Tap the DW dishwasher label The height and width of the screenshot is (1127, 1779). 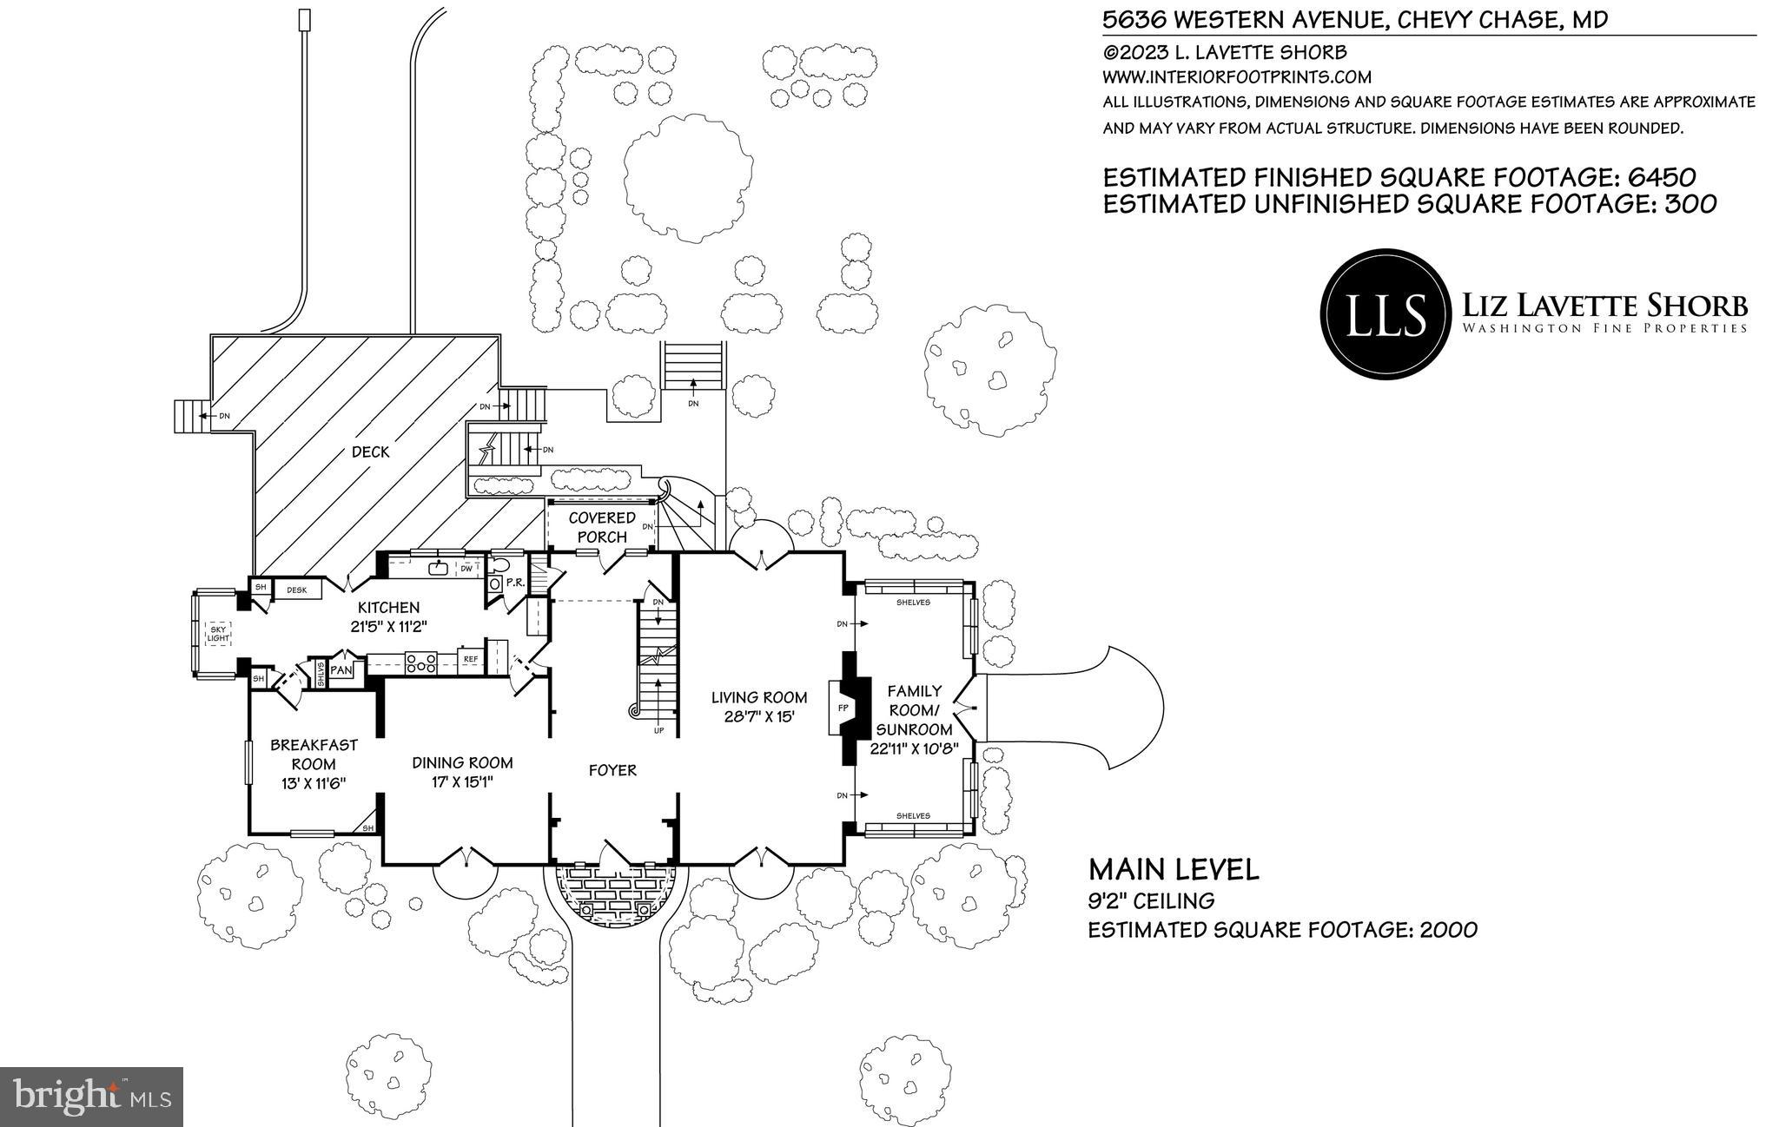(x=467, y=569)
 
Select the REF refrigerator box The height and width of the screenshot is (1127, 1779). (x=470, y=659)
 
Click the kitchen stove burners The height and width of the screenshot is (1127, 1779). (x=421, y=664)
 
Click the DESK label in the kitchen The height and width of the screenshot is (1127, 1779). (x=297, y=590)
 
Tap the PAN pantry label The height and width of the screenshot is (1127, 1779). (x=341, y=670)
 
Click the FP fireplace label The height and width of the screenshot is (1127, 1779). (x=842, y=708)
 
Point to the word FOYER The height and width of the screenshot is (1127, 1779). (x=612, y=770)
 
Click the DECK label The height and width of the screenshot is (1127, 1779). (x=371, y=452)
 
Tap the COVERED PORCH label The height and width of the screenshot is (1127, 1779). (x=602, y=527)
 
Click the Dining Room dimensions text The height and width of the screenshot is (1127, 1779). (x=462, y=781)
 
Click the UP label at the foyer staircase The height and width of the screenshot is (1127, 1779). (x=658, y=730)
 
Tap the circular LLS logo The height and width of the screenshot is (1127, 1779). (x=1386, y=313)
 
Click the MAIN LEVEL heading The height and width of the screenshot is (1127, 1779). (x=1174, y=869)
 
